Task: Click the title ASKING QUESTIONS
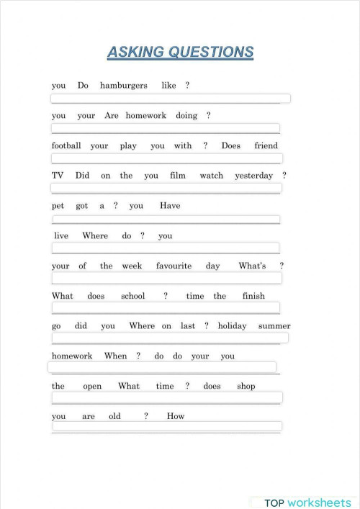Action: click(x=180, y=52)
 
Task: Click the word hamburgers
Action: click(x=123, y=86)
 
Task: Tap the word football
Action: click(x=66, y=146)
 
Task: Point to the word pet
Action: click(x=58, y=206)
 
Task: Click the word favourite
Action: click(x=174, y=266)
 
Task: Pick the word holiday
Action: click(x=232, y=326)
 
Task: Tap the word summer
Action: click(x=274, y=326)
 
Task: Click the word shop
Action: click(x=246, y=387)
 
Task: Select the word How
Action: click(x=176, y=417)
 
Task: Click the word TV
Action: click(x=58, y=176)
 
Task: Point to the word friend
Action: click(x=266, y=146)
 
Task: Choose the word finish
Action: click(x=253, y=297)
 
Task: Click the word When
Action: click(x=115, y=356)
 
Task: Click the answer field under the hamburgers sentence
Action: click(x=171, y=99)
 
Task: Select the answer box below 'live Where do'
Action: click(x=166, y=248)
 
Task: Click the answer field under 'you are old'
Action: click(x=166, y=427)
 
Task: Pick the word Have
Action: click(x=170, y=206)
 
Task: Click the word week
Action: click(x=132, y=266)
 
